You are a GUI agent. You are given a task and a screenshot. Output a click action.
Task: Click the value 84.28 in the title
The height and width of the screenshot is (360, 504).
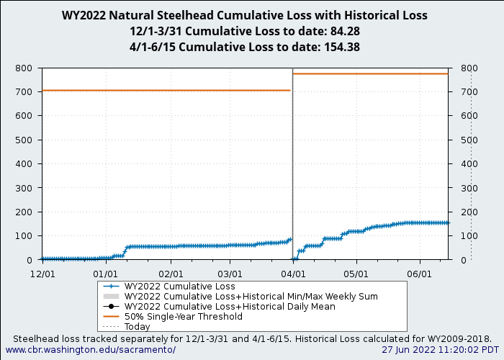[344, 31]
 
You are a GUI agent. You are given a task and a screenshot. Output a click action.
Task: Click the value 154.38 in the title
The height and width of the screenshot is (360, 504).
[339, 47]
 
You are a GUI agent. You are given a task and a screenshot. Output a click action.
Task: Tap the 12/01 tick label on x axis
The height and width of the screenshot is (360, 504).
[42, 274]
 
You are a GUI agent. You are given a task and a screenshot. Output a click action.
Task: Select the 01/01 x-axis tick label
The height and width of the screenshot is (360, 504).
[105, 274]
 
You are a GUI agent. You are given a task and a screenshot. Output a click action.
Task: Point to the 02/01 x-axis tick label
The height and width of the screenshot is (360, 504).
[171, 274]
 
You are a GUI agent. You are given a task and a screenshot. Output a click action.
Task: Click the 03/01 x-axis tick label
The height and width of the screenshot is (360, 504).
[230, 274]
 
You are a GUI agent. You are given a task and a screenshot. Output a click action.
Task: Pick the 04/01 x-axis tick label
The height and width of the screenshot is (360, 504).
[293, 274]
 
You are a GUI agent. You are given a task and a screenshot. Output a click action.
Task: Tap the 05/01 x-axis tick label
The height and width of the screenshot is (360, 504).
[356, 274]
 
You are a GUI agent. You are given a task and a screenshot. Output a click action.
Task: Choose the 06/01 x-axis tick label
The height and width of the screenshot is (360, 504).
[419, 274]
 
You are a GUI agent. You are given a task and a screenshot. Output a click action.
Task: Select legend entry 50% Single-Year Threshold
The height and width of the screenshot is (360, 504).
[183, 316]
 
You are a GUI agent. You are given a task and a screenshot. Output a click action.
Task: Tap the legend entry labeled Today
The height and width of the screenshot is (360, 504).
[137, 326]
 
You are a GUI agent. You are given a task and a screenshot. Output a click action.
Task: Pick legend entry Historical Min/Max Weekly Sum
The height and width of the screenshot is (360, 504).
[251, 296]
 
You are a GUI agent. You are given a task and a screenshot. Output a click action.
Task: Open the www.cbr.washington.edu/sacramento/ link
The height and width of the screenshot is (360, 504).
[91, 349]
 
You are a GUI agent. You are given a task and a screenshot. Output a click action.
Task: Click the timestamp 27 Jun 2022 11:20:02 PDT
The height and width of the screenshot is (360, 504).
[440, 349]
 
